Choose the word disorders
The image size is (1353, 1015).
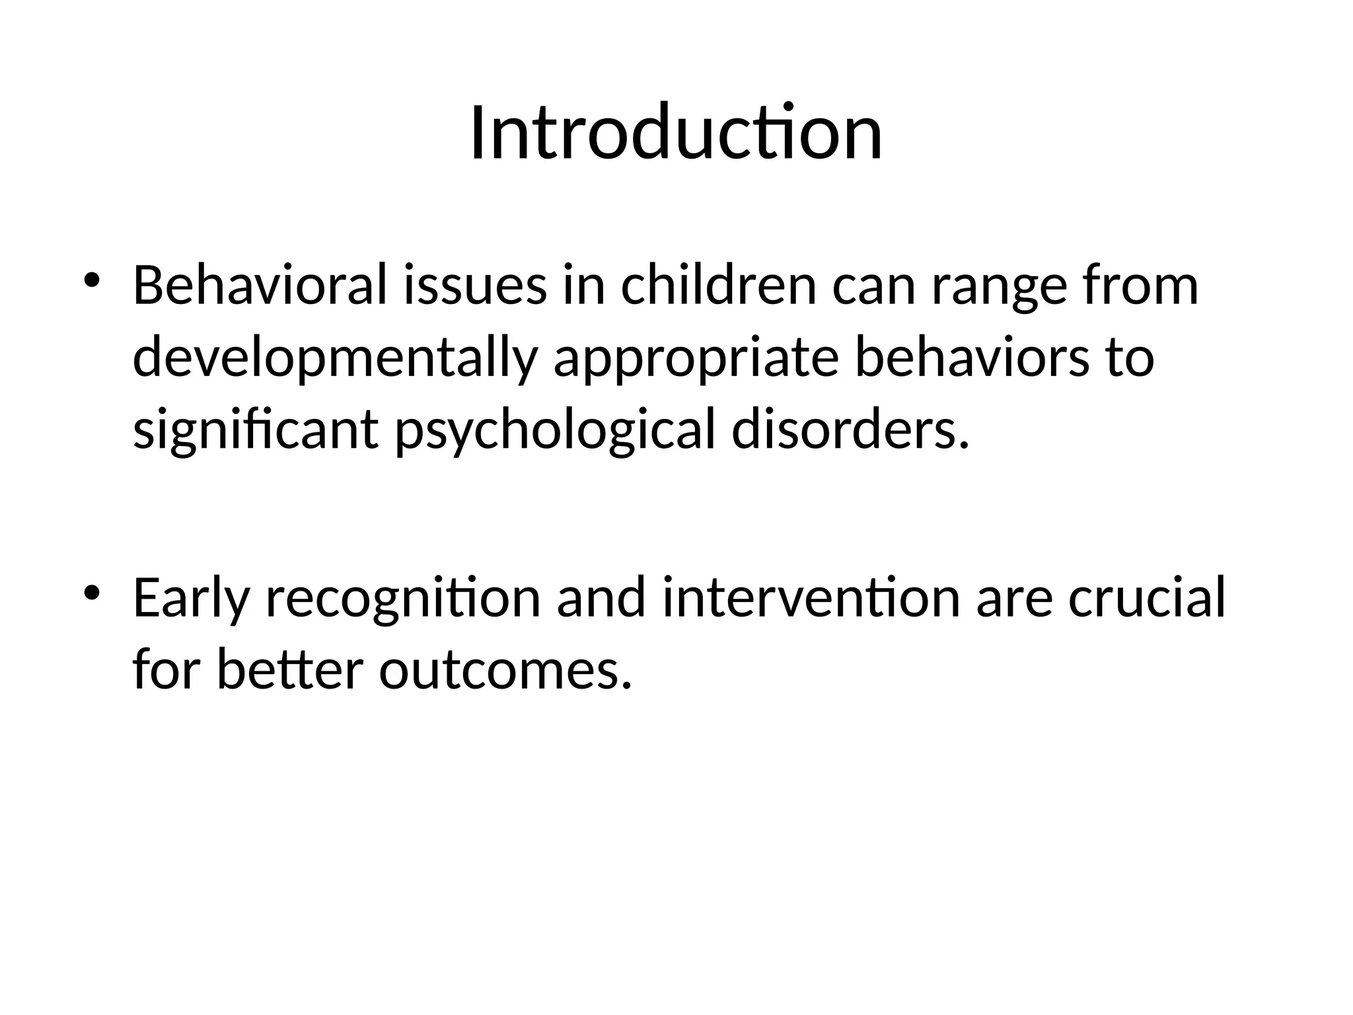850,430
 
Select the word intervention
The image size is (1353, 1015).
811,598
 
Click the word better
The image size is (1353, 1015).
290,669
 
